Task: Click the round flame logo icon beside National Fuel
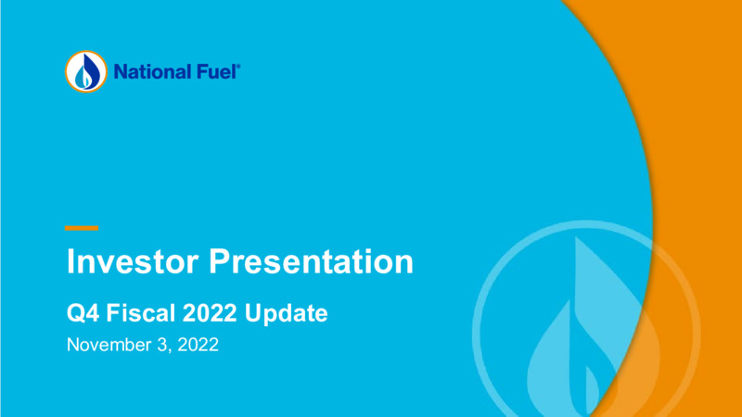[x=86, y=71]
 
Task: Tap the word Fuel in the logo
[x=215, y=72]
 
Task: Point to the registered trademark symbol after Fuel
[x=238, y=66]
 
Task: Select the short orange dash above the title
[x=82, y=228]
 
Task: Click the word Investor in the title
[x=133, y=261]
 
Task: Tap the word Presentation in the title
[x=312, y=261]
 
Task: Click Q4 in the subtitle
[x=83, y=313]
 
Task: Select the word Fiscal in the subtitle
[x=141, y=313]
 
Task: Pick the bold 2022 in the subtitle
[x=210, y=313]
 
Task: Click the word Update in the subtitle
[x=286, y=314]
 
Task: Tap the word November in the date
[x=109, y=345]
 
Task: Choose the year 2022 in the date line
[x=198, y=345]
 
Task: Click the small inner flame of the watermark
[x=592, y=391]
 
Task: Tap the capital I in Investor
[x=70, y=261]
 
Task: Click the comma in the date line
[x=170, y=351]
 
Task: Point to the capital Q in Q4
[x=76, y=313]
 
